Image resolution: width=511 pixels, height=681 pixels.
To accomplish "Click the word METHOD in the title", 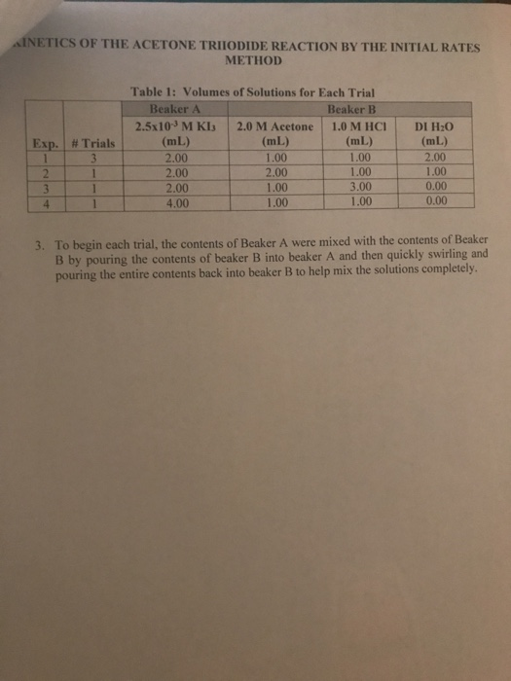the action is pos(252,61).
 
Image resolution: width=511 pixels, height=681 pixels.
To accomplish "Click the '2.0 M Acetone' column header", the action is pos(274,126).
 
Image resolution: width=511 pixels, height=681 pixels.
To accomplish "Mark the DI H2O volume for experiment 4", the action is pos(435,201).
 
